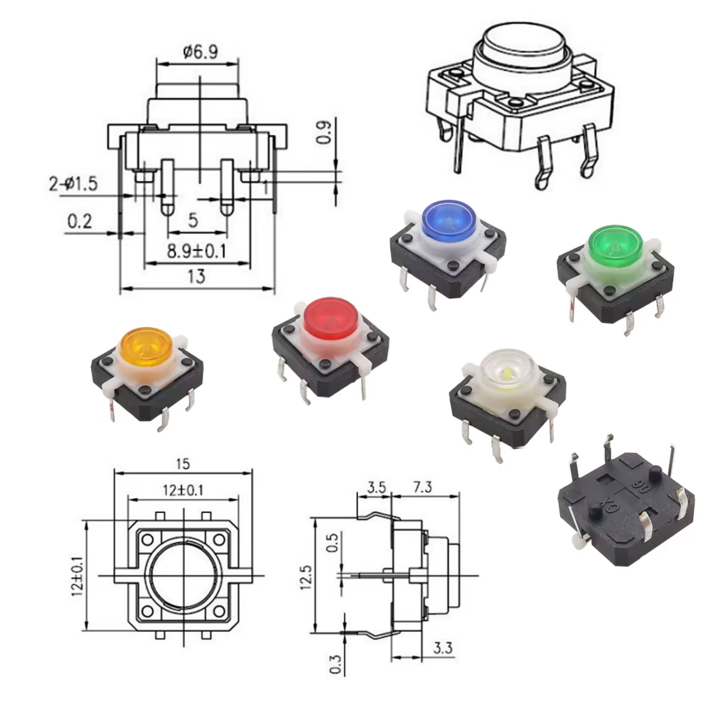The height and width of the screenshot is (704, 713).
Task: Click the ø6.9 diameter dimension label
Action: click(x=200, y=52)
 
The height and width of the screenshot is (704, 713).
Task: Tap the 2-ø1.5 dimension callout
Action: click(x=73, y=183)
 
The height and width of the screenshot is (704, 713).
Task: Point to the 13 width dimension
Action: click(x=196, y=276)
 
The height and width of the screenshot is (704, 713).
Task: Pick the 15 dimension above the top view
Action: click(x=183, y=463)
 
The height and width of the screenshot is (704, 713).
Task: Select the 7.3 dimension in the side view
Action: click(x=422, y=487)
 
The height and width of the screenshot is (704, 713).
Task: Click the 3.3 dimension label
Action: click(x=443, y=648)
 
